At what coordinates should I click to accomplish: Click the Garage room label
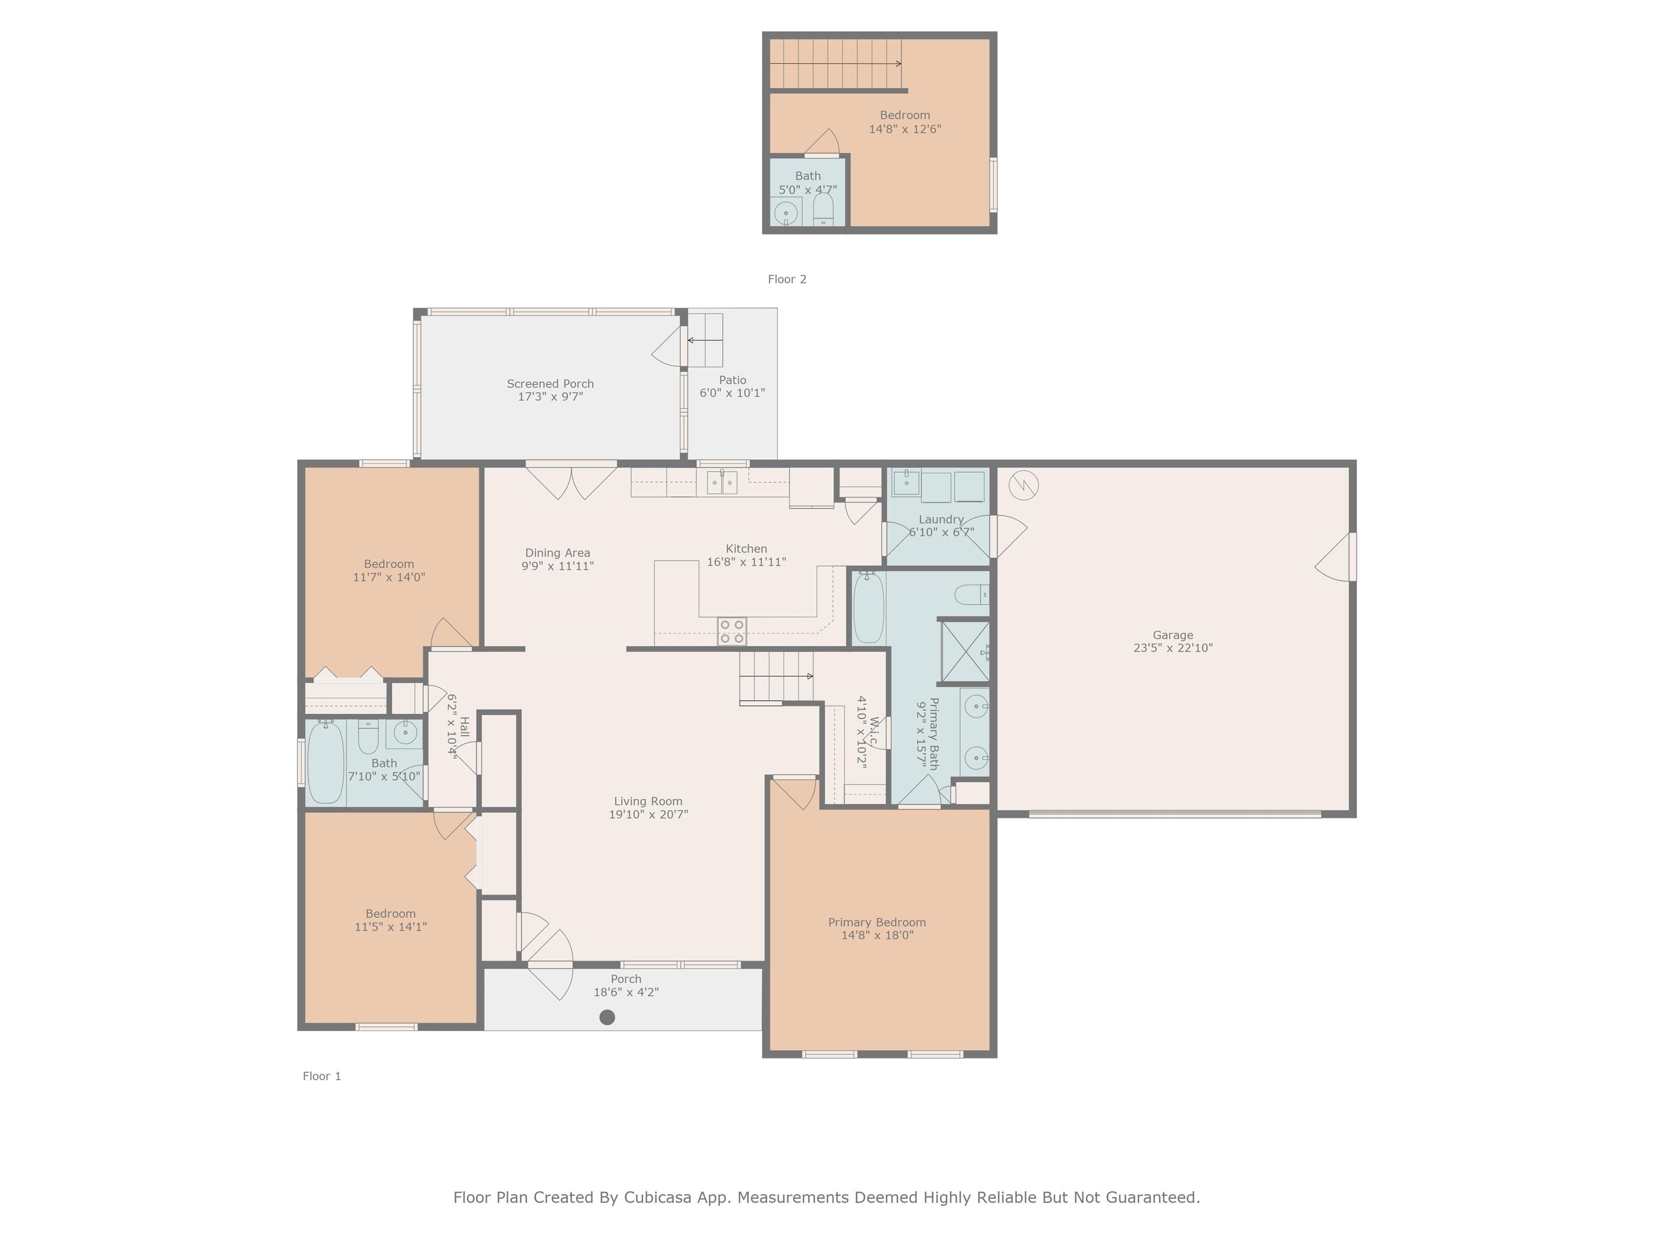pyautogui.click(x=1173, y=635)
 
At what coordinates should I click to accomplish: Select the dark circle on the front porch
pyautogui.click(x=607, y=1017)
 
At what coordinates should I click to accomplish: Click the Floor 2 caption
pyautogui.click(x=787, y=279)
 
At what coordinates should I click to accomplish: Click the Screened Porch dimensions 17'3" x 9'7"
pyautogui.click(x=550, y=397)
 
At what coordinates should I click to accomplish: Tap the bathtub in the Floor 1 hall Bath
pyautogui.click(x=326, y=762)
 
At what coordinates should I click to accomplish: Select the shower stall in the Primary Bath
pyautogui.click(x=965, y=652)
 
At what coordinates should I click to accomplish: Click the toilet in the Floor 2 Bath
pyautogui.click(x=823, y=209)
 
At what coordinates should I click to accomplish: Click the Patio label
pyautogui.click(x=733, y=380)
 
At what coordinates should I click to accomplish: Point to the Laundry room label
pyautogui.click(x=941, y=519)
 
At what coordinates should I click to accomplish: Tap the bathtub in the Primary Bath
pyautogui.click(x=868, y=607)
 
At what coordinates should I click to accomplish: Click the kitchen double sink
pyautogui.click(x=723, y=483)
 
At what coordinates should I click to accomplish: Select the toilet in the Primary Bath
pyautogui.click(x=971, y=595)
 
